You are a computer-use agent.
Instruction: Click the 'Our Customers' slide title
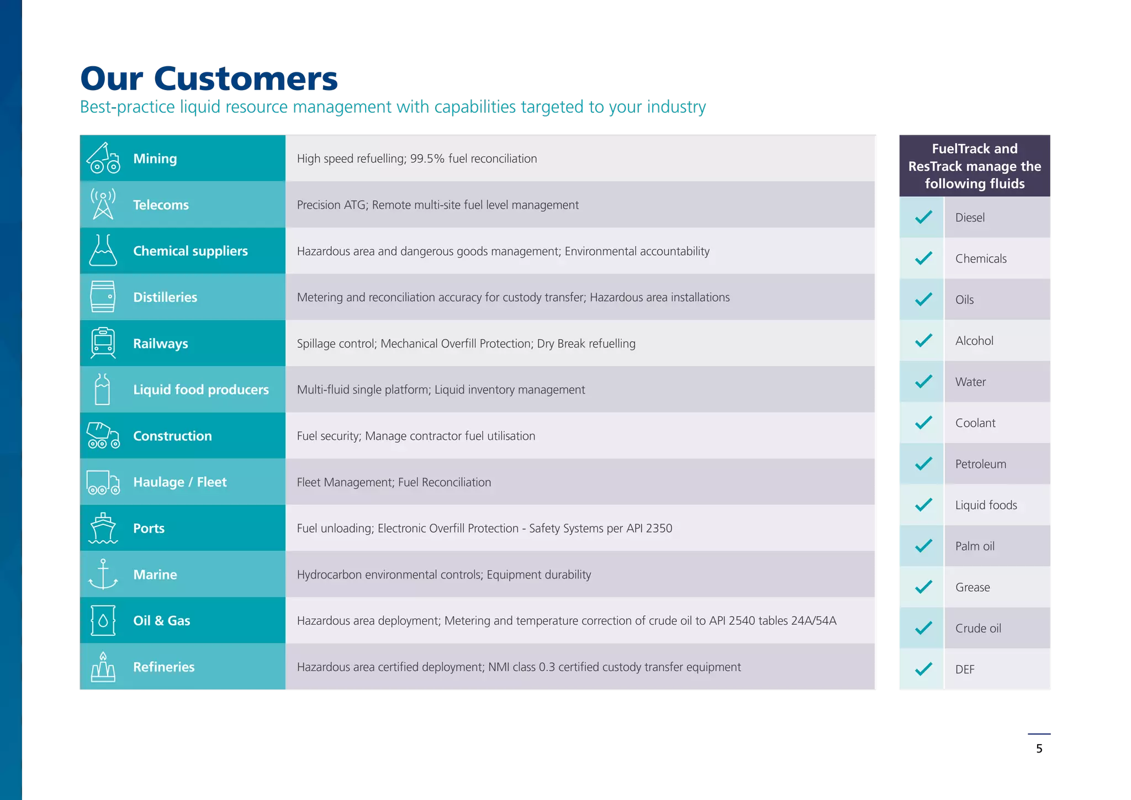pos(209,78)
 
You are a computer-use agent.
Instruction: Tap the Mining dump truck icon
pos(103,158)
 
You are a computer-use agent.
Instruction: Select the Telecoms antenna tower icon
pos(103,204)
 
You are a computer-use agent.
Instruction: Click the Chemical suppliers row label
pos(191,251)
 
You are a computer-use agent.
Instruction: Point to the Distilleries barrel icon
pos(103,297)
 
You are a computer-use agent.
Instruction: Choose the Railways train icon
pos(103,343)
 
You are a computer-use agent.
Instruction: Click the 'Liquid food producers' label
pos(201,390)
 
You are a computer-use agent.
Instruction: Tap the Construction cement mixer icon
pos(103,435)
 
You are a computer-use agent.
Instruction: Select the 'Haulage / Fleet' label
pos(180,482)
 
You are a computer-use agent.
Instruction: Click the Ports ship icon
pos(103,528)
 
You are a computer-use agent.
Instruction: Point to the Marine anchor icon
pos(103,574)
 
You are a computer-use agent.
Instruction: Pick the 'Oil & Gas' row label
pos(162,620)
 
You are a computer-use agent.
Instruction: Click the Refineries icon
pos(103,667)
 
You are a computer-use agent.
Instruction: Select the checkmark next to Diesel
pos(923,217)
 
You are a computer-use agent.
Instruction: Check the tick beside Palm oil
pos(923,546)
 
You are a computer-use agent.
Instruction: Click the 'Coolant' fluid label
pos(975,423)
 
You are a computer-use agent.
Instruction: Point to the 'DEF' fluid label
pos(965,670)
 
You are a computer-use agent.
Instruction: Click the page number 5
pos(1039,749)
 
